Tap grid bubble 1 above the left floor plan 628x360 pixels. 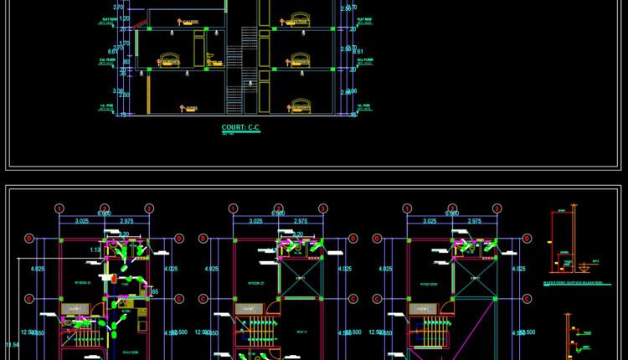pos(59,208)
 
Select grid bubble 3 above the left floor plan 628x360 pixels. pos(148,208)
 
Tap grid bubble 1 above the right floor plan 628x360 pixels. pos(407,208)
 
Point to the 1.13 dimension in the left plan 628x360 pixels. pos(95,249)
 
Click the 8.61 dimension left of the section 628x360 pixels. pos(101,51)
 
